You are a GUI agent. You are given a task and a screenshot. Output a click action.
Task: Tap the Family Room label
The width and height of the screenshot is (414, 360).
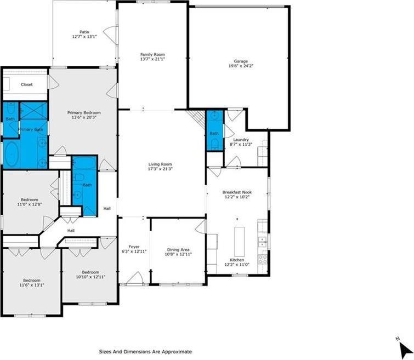point(152,54)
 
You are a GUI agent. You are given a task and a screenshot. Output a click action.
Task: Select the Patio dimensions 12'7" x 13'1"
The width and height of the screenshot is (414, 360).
point(84,37)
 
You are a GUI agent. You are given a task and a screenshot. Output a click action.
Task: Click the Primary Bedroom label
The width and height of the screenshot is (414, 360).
point(84,112)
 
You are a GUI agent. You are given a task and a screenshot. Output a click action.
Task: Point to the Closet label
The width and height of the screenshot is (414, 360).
point(26,84)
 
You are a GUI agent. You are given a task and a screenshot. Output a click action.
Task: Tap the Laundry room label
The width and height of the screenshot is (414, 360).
point(241,140)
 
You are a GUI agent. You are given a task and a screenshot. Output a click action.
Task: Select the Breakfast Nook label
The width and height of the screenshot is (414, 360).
point(236,192)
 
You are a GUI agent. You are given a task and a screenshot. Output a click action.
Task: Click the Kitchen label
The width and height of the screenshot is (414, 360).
point(237,260)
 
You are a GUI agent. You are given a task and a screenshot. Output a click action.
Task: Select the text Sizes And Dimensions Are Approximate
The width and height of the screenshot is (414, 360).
point(145,351)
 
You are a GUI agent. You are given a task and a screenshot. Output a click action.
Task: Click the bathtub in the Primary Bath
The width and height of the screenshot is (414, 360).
point(12,153)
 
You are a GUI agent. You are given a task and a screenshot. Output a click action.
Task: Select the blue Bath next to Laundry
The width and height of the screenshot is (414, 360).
point(214,133)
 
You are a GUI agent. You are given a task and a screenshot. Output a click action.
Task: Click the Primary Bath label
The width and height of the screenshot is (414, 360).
point(31,129)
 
